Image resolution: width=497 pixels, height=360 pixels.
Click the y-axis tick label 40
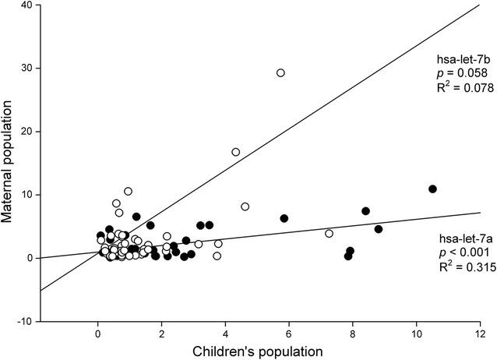(x=28, y=5)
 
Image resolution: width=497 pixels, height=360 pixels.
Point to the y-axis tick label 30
(x=28, y=69)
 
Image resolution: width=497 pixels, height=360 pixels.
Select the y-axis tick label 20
(x=28, y=132)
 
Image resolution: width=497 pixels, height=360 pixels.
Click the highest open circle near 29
(x=280, y=72)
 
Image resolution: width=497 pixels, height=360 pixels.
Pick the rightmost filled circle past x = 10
(x=432, y=189)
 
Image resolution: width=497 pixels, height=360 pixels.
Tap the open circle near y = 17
(x=235, y=152)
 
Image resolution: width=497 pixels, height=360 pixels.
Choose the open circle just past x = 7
(x=329, y=233)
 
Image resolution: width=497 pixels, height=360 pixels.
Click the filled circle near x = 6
(x=284, y=218)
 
